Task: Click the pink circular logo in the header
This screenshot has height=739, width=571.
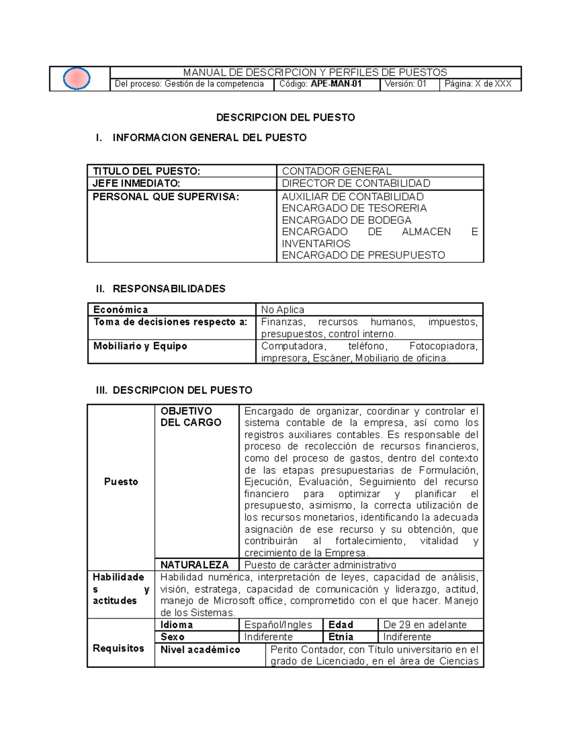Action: coord(77,79)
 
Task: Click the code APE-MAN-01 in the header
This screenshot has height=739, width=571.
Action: coord(336,84)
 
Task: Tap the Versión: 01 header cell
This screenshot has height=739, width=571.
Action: coord(405,84)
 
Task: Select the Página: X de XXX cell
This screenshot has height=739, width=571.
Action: coord(478,84)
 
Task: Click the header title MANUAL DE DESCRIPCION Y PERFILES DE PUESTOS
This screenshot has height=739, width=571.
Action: coord(315,72)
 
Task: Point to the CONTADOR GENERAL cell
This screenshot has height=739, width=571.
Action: coord(336,171)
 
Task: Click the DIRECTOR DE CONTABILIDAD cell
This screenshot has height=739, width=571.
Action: coord(356,184)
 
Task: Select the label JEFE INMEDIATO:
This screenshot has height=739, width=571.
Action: coord(136,184)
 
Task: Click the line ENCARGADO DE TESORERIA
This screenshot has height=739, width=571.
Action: coord(354,208)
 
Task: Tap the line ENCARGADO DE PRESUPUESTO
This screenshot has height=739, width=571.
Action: coord(363,256)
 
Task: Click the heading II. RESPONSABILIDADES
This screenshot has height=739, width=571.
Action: coord(160,289)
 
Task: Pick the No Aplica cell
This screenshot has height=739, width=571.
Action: coord(283,310)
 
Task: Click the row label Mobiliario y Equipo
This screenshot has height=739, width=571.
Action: coord(140,346)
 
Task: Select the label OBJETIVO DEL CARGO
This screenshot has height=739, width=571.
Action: coord(191,417)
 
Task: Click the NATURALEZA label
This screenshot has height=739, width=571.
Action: coord(194,565)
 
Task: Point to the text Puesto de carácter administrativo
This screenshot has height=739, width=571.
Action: coord(320,565)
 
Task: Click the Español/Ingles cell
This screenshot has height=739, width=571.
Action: coord(278,625)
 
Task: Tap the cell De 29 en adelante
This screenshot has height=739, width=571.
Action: coord(424,625)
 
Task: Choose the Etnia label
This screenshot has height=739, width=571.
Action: coord(341,637)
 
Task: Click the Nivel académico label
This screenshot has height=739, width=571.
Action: coord(200,650)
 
